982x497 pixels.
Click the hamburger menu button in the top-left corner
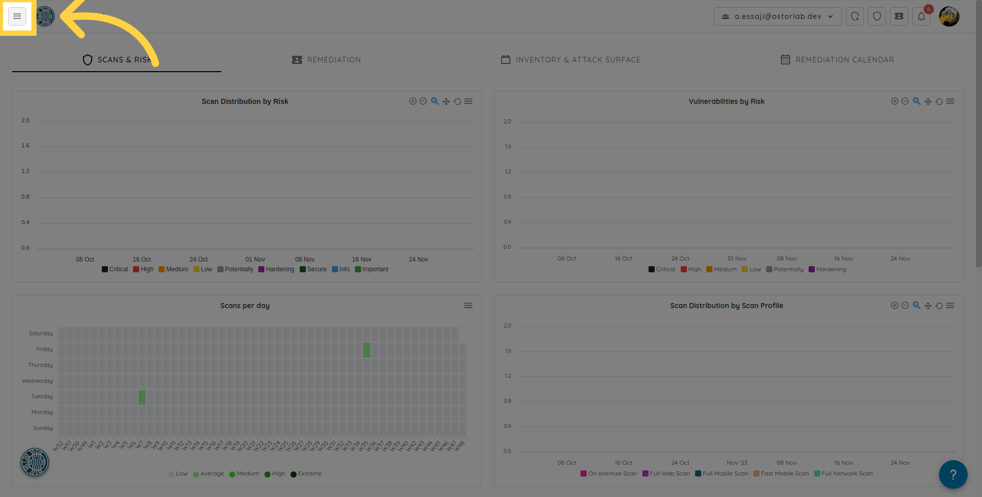pyautogui.click(x=17, y=16)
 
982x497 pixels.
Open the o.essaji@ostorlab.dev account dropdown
pyautogui.click(x=777, y=16)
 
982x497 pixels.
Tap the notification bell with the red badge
pyautogui.click(x=921, y=16)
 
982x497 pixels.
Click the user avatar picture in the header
pyautogui.click(x=949, y=16)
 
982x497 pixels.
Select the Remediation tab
pyautogui.click(x=326, y=60)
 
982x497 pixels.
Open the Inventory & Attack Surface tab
pyautogui.click(x=570, y=60)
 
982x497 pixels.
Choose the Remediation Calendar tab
pyautogui.click(x=837, y=60)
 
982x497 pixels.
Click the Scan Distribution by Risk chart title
pyautogui.click(x=244, y=101)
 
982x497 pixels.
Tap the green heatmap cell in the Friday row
pyautogui.click(x=367, y=350)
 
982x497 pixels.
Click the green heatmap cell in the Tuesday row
pyautogui.click(x=142, y=397)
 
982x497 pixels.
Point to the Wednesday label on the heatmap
pyautogui.click(x=37, y=381)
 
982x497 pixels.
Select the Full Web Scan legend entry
pyautogui.click(x=666, y=473)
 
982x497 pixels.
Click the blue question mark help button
pyautogui.click(x=953, y=474)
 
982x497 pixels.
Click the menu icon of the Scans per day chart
pyautogui.click(x=468, y=306)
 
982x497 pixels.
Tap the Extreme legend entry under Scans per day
pyautogui.click(x=306, y=473)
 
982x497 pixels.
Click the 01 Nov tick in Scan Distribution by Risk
pyautogui.click(x=255, y=260)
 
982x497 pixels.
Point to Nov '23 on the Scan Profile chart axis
pyautogui.click(x=737, y=463)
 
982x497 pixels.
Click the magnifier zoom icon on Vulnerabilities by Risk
pyautogui.click(x=917, y=101)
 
